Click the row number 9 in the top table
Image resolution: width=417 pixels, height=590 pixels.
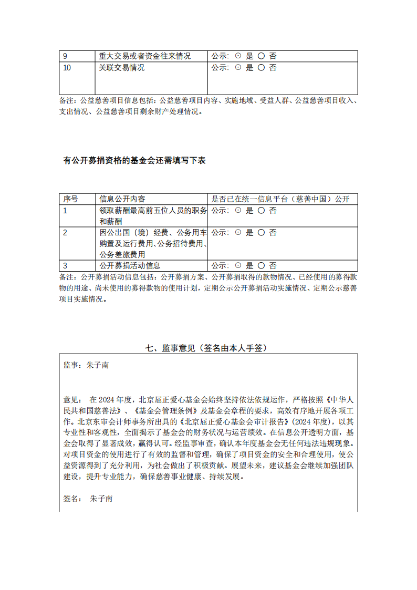(x=65, y=56)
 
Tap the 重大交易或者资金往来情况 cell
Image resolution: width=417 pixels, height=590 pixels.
(x=145, y=56)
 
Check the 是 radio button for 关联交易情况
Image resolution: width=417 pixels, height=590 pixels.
(x=238, y=68)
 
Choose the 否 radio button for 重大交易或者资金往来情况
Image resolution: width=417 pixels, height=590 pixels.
(x=261, y=56)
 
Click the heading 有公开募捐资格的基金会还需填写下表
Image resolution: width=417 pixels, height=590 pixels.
(x=134, y=161)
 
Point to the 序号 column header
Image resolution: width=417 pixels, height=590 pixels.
(x=70, y=199)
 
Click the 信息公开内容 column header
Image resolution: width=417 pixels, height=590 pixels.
(x=122, y=199)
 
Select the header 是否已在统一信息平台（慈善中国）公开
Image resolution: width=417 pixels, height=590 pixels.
(x=280, y=199)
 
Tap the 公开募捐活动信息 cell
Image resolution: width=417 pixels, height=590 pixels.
(x=130, y=266)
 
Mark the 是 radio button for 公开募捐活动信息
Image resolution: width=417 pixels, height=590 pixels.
(x=238, y=266)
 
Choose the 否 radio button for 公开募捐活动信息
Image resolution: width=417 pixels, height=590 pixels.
(x=261, y=266)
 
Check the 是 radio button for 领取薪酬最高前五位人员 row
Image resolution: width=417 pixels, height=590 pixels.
(x=238, y=211)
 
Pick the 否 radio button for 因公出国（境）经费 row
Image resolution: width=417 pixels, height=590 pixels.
(x=261, y=233)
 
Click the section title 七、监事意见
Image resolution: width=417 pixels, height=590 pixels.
(x=208, y=348)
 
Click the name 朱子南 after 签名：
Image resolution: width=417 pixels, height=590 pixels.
(x=101, y=498)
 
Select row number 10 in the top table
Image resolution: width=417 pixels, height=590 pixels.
(x=67, y=68)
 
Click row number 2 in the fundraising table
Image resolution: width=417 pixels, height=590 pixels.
(x=65, y=233)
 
